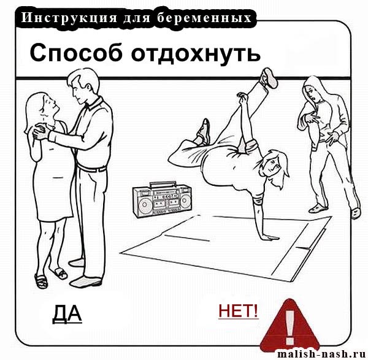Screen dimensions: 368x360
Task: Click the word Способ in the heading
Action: (76, 53)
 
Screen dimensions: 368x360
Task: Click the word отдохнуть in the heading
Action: (196, 53)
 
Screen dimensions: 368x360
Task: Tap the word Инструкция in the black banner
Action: (69, 18)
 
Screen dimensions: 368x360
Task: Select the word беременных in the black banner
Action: (204, 18)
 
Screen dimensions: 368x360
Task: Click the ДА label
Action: (67, 314)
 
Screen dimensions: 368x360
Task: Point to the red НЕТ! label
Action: (238, 310)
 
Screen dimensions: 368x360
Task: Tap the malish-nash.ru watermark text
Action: (322, 354)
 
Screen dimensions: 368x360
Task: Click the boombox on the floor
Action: (163, 199)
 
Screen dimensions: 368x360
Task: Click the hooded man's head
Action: (313, 90)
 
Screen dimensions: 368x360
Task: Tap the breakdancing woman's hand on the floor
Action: (269, 237)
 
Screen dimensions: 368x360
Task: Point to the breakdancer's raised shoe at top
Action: (269, 78)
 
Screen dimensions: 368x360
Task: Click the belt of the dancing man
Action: (92, 168)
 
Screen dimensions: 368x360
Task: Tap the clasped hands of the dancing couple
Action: (40, 132)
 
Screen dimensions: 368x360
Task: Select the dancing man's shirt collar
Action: (92, 104)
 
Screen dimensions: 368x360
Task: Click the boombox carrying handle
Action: (163, 184)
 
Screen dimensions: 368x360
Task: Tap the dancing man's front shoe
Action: (85, 281)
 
